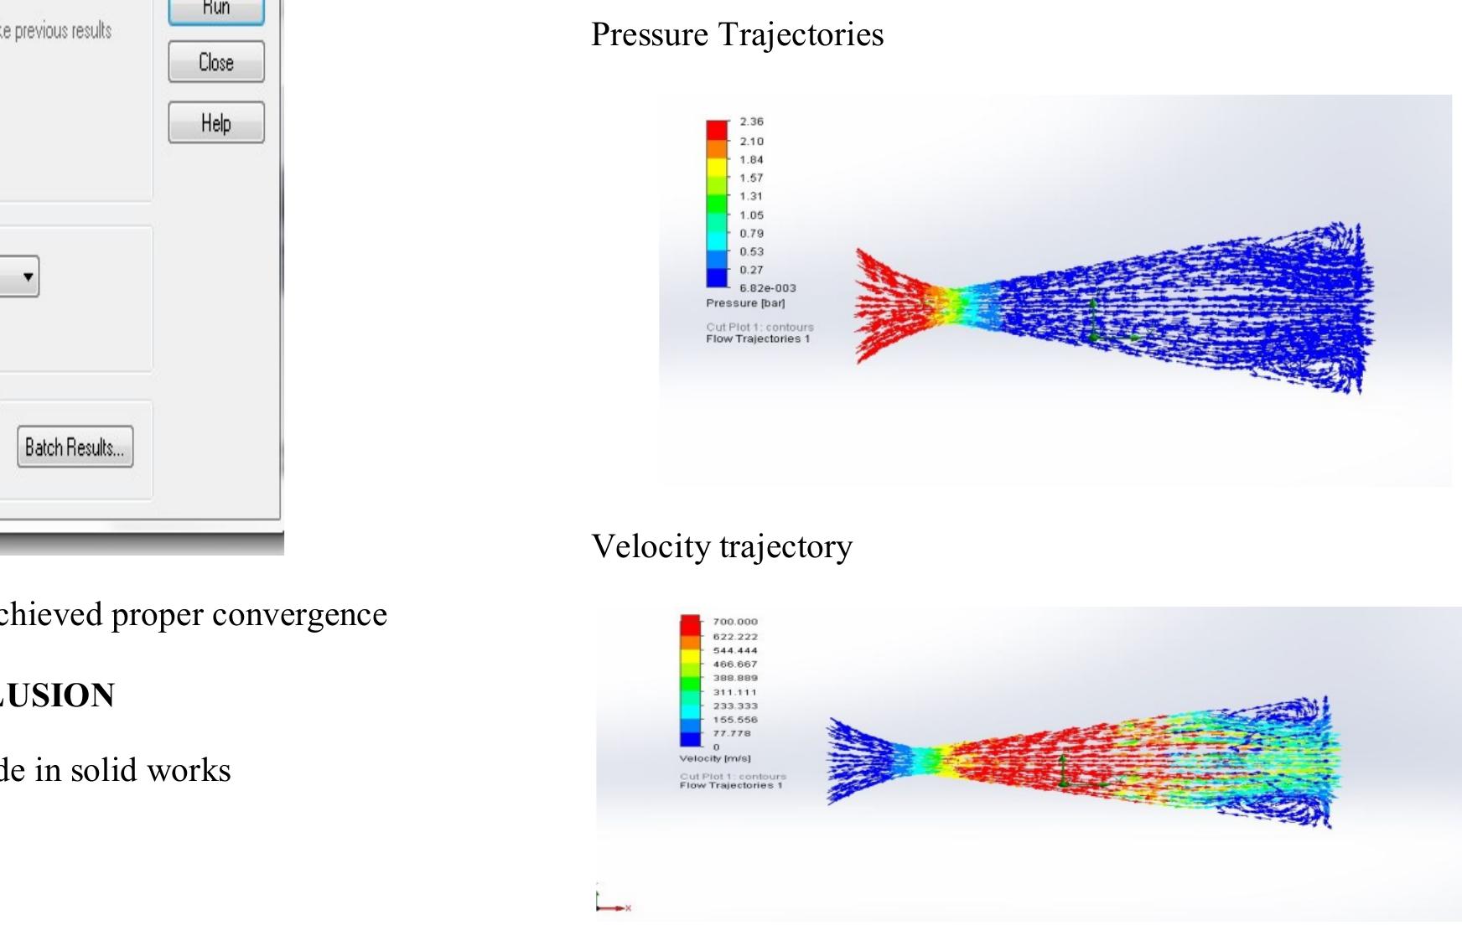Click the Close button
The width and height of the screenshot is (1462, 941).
coord(216,62)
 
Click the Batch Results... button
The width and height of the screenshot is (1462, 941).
coord(75,447)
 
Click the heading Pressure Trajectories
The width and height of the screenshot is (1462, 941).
coord(737,34)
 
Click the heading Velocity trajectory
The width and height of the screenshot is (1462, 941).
coord(722,546)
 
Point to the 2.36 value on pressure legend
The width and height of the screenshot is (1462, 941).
coord(751,122)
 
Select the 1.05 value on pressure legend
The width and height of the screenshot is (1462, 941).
coord(751,215)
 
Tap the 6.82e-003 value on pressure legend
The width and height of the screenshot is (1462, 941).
coord(767,288)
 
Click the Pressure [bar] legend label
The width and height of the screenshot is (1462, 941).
coord(745,302)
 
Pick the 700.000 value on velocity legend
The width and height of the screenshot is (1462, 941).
coord(734,622)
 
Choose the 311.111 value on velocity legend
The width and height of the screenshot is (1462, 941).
coord(734,692)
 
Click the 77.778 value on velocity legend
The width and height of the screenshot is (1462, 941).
coord(731,733)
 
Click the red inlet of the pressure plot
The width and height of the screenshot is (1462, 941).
coord(884,306)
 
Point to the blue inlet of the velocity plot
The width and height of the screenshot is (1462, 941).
coord(859,761)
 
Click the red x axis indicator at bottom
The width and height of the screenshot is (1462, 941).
coord(627,907)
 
